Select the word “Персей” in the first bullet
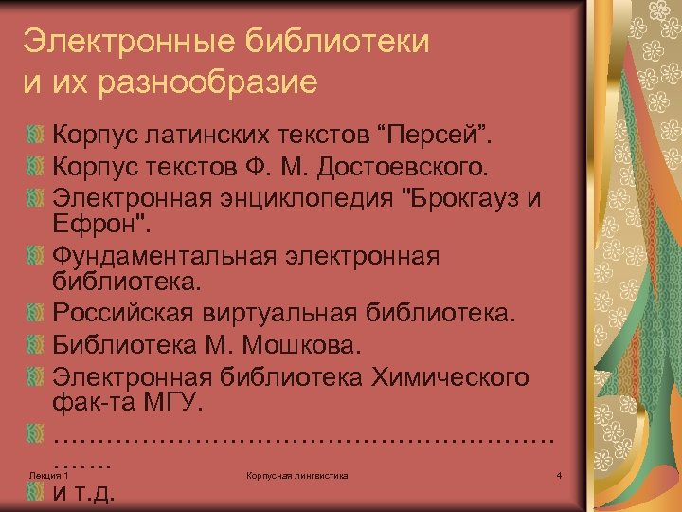452,129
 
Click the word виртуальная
290,312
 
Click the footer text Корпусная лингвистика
296,474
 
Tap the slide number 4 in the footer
560,474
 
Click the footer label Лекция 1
49,474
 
